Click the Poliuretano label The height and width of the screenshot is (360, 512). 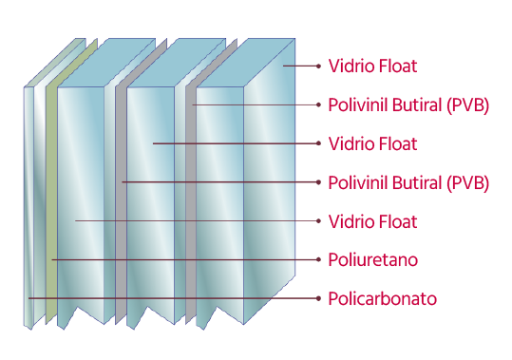coord(373,260)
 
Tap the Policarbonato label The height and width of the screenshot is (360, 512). coord(383,298)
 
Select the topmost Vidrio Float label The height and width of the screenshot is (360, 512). coord(372,66)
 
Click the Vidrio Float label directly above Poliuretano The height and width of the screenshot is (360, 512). coord(372,221)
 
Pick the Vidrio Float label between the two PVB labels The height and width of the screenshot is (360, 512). coord(372,144)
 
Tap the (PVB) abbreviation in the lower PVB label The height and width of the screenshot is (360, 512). coord(467,182)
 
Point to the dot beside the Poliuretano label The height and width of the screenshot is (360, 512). coord(319,260)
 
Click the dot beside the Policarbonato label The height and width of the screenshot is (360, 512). coord(319,298)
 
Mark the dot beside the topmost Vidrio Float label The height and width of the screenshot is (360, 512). coord(319,66)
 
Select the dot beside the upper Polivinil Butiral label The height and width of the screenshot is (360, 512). coord(319,104)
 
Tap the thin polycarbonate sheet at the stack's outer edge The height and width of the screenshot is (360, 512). coord(28,209)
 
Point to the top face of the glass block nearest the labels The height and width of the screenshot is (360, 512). coord(246,63)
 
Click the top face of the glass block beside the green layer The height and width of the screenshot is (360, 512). coord(106,63)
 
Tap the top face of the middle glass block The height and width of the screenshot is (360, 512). coord(177,63)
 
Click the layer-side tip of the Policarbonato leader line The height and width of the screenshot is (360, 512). coord(28,298)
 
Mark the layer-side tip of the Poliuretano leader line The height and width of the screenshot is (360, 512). coord(52,260)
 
